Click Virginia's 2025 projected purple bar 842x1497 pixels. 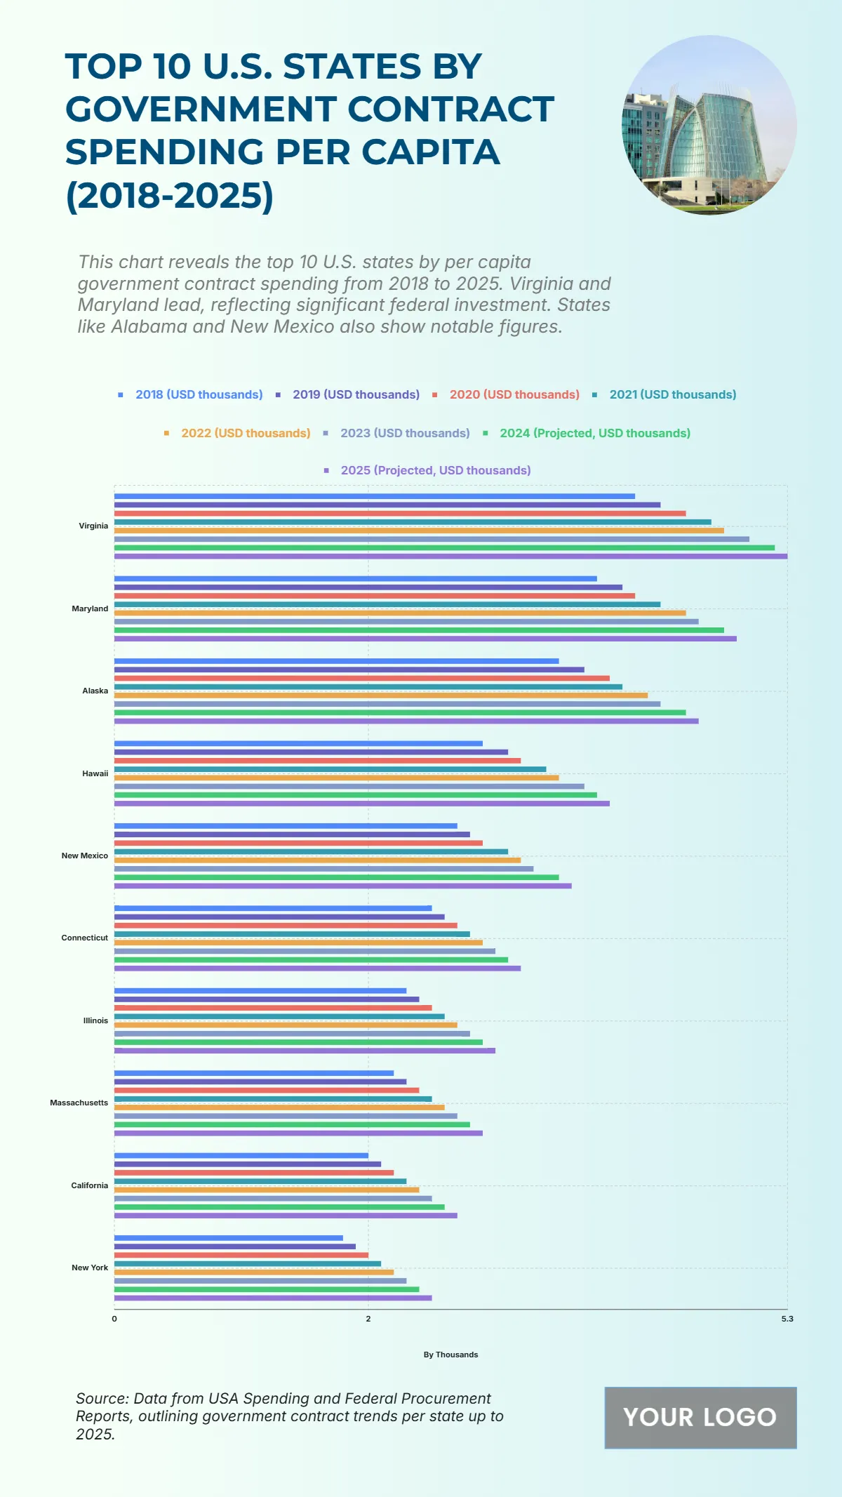[x=450, y=557]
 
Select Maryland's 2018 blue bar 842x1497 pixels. [x=355, y=578]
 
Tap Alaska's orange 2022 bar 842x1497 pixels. [x=380, y=696]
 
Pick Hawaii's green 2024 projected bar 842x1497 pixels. [x=355, y=795]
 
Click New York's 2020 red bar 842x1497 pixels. [x=241, y=1255]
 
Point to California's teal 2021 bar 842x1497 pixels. [x=260, y=1181]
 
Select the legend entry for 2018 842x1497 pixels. [x=199, y=394]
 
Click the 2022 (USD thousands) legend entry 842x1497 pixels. [x=245, y=433]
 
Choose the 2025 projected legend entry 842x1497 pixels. [x=435, y=470]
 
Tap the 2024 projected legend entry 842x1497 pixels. [x=594, y=433]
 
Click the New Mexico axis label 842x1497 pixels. [x=85, y=856]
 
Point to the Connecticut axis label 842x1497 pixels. [x=85, y=938]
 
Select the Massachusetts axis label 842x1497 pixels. [x=79, y=1103]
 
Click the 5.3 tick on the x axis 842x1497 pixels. [x=787, y=1319]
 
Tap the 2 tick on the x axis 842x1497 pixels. [x=368, y=1319]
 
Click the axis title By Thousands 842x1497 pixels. [x=450, y=1355]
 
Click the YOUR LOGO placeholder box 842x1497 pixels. [x=700, y=1417]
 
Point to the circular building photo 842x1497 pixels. [x=709, y=125]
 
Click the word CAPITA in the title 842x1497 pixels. [x=431, y=152]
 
